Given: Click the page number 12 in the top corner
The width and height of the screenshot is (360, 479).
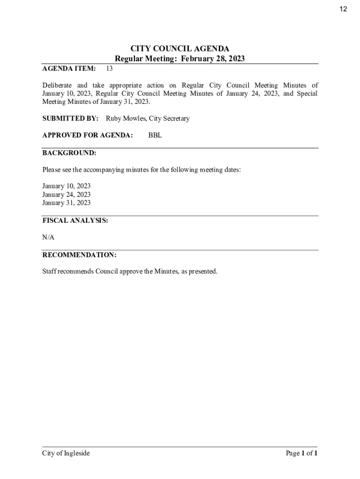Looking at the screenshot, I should (343, 9).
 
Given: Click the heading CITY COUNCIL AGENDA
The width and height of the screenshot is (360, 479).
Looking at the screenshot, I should (180, 49).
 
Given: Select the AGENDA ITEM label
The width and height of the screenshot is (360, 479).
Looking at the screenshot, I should (69, 69).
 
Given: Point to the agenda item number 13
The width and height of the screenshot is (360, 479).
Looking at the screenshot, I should (109, 69).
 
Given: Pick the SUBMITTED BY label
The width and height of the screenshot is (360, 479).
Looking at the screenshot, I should (70, 119).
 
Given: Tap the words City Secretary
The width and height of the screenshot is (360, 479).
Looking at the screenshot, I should (169, 119).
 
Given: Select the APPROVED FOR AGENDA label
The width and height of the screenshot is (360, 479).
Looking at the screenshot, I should (87, 136).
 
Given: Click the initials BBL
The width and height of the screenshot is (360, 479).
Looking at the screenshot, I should (155, 136).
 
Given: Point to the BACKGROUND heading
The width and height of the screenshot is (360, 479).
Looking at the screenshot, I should (69, 153).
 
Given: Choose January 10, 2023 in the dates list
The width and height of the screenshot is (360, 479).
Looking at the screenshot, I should (66, 186).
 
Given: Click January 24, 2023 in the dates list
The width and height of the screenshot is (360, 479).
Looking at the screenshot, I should (66, 195).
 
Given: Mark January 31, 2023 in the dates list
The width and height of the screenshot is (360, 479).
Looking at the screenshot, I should (66, 203).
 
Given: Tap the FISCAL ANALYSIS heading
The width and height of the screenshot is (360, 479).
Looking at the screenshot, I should (75, 220).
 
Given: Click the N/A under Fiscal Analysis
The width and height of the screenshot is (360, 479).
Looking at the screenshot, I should (48, 237).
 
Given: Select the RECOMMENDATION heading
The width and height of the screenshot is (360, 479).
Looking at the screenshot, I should (79, 255).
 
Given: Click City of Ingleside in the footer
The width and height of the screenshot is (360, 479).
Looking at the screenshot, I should (66, 453).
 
